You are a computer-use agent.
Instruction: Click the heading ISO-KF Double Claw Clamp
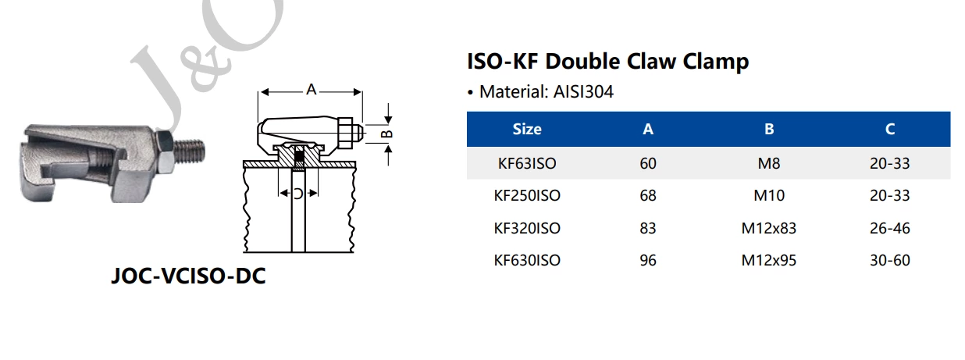tap(607, 61)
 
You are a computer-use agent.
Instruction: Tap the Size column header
tap(527, 129)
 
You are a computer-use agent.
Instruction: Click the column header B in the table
tap(769, 129)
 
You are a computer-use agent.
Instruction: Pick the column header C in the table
tap(890, 129)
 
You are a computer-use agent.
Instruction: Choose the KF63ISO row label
tap(527, 164)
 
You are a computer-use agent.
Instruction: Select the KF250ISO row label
tap(527, 195)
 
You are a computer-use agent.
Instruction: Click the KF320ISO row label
tap(527, 228)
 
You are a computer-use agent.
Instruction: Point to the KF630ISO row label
tap(527, 260)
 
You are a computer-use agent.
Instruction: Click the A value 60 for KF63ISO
tap(648, 164)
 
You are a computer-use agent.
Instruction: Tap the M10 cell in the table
tap(769, 195)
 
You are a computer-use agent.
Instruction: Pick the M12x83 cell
tap(769, 228)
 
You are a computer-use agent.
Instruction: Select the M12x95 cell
tap(769, 260)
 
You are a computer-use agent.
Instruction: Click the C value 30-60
tap(890, 260)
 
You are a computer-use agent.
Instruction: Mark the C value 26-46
tap(890, 228)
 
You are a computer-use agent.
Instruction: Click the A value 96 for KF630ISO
tap(648, 260)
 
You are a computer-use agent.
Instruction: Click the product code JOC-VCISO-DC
tap(188, 276)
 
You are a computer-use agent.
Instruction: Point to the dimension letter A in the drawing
tap(311, 91)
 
